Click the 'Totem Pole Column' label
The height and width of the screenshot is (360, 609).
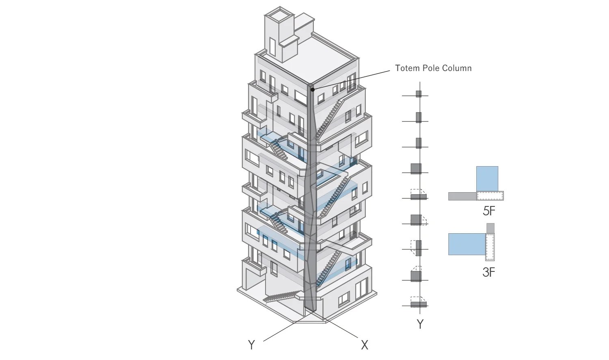[433, 68]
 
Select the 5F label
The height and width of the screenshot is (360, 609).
[489, 211]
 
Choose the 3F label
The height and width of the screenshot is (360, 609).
[489, 272]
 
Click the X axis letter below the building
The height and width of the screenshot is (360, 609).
[364, 345]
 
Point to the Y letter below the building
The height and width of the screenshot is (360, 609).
[251, 345]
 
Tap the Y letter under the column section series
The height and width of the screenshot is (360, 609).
[420, 324]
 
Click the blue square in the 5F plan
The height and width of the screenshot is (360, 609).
[487, 178]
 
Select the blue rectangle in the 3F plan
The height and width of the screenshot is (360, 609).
[466, 244]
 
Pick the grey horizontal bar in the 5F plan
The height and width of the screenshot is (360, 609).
[462, 196]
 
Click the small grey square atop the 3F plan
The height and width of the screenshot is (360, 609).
[490, 228]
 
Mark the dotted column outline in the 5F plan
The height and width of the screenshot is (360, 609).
[490, 196]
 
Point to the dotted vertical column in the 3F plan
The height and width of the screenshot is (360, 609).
[490, 247]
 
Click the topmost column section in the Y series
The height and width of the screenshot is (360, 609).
[419, 94]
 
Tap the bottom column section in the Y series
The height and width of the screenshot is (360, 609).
[419, 304]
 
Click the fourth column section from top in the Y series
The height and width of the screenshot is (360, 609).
[416, 168]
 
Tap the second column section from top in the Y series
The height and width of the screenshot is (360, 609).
[419, 117]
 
